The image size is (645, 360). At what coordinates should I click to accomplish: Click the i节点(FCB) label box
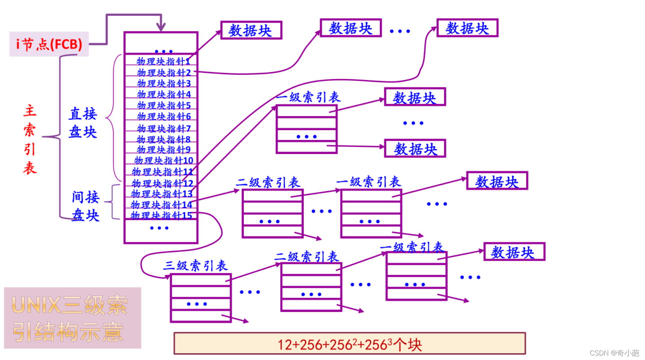(49, 44)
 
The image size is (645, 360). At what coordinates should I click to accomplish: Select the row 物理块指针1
(163, 61)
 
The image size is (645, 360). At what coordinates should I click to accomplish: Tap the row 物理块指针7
(164, 129)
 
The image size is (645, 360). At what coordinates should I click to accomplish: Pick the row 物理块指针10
(164, 160)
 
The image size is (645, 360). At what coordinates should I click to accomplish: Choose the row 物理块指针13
(162, 194)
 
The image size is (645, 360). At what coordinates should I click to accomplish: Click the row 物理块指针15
(161, 216)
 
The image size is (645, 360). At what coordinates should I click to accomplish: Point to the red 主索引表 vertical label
(30, 139)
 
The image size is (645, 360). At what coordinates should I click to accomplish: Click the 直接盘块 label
(83, 123)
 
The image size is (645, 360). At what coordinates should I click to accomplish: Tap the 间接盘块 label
(86, 206)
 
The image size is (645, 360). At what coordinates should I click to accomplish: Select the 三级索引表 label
(195, 265)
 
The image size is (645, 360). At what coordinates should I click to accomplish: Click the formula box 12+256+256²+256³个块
(349, 343)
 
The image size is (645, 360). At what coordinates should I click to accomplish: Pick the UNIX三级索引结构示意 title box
(72, 318)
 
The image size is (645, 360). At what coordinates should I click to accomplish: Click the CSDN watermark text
(614, 353)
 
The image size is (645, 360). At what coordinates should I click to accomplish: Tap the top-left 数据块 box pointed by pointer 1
(251, 30)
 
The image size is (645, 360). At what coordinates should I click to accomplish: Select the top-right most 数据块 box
(467, 28)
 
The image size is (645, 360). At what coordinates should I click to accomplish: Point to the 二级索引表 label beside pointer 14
(268, 183)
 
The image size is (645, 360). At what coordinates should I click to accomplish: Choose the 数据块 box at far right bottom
(514, 252)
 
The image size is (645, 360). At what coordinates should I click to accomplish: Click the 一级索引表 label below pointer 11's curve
(308, 97)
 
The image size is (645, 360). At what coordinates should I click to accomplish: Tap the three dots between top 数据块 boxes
(400, 31)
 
